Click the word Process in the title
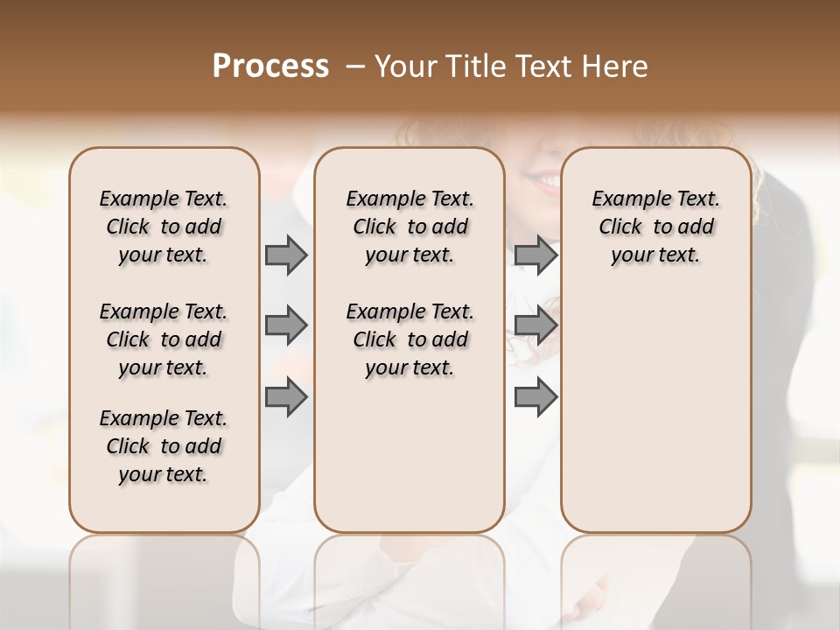tap(270, 66)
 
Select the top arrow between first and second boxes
tap(286, 255)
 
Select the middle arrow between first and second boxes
tap(286, 325)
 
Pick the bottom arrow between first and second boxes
tap(286, 397)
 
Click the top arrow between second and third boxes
tap(535, 255)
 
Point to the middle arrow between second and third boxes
tap(535, 325)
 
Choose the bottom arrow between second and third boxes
tap(535, 397)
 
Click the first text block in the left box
tap(164, 227)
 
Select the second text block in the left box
tap(164, 339)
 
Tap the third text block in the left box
tap(164, 446)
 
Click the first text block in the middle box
tap(409, 227)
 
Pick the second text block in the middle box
tap(409, 339)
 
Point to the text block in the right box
tap(655, 227)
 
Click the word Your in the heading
tap(407, 66)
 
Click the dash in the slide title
tap(354, 66)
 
